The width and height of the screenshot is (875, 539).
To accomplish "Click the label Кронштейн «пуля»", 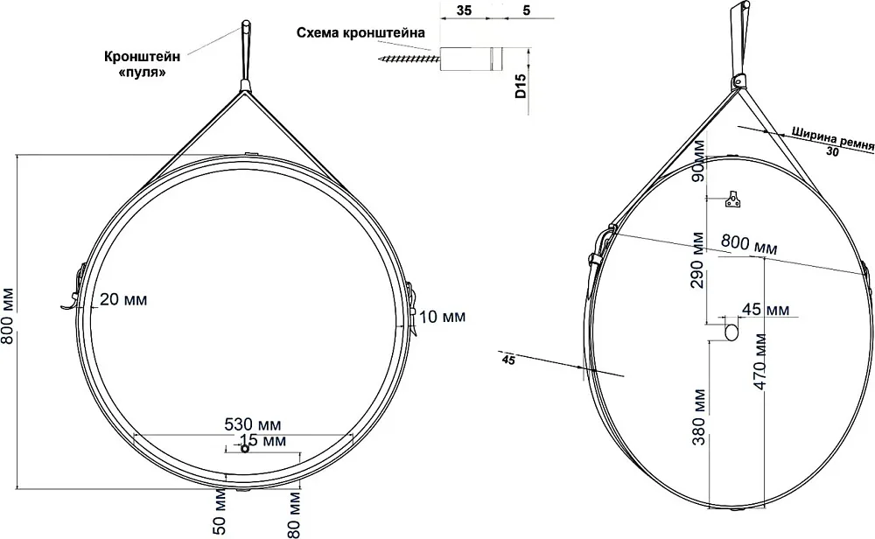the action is [143, 64].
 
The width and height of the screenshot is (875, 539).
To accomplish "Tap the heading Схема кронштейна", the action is [360, 33].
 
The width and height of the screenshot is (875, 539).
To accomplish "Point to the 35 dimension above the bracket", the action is [464, 10].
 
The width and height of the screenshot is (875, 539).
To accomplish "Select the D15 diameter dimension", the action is [520, 84].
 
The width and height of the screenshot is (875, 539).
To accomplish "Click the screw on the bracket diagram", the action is [409, 58].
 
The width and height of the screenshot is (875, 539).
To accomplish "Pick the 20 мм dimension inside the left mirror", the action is [123, 299].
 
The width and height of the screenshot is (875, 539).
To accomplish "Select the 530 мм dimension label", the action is [253, 424].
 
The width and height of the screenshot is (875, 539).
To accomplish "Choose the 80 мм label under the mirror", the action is [294, 514].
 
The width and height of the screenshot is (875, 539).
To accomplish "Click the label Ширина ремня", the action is [832, 139].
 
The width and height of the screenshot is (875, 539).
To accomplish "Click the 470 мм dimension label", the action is [759, 362].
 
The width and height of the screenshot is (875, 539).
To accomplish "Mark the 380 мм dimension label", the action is [698, 416].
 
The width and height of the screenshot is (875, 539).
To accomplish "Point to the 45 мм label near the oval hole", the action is [766, 309].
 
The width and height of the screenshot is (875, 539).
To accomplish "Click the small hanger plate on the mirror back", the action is [733, 199].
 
